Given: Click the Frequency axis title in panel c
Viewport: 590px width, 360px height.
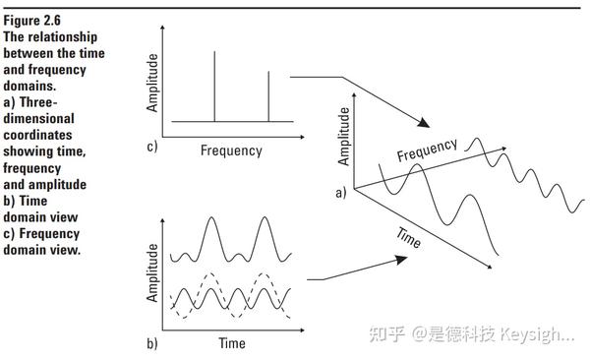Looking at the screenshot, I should click(x=231, y=150).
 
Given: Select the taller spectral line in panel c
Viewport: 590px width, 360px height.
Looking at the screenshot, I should click(x=215, y=86).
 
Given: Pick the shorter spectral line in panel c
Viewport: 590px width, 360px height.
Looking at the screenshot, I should click(x=268, y=95).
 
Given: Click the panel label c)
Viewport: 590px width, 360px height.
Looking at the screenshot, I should click(x=150, y=149).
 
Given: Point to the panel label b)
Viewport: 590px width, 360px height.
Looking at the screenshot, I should click(x=151, y=343).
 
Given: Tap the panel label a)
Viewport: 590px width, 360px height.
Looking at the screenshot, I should click(x=341, y=193).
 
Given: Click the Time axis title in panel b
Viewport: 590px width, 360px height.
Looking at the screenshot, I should click(x=231, y=343).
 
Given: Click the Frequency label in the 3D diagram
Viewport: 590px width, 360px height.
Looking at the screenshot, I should click(x=428, y=150).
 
